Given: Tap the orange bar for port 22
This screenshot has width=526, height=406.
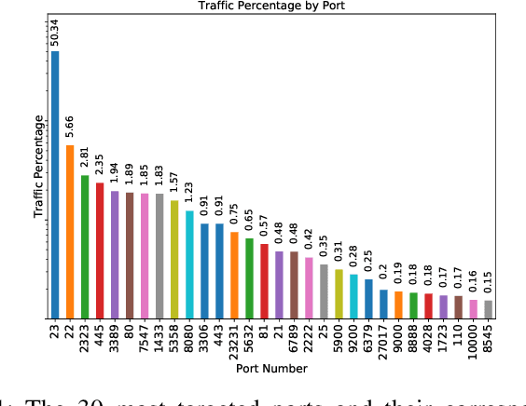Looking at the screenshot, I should (70, 232).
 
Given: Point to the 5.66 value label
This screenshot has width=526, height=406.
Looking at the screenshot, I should (70, 125).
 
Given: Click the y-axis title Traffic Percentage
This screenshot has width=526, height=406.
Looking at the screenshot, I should (38, 167).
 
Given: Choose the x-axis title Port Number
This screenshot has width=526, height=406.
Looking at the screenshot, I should (271, 369).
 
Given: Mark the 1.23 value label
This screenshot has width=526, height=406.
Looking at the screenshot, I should (189, 193).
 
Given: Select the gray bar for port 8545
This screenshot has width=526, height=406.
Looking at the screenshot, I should (488, 309).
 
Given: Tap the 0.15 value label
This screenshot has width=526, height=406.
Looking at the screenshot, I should (488, 282).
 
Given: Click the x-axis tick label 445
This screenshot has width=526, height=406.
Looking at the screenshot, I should (100, 335).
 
